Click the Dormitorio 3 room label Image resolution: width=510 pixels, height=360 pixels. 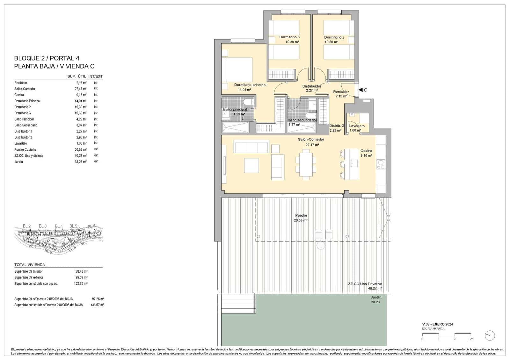point(289,37)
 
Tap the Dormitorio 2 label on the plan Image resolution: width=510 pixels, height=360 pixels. point(334,37)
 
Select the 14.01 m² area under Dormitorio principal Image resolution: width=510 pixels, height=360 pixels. point(244,90)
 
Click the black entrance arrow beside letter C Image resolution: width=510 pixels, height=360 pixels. point(360,90)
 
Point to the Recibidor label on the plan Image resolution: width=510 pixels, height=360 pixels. point(341,92)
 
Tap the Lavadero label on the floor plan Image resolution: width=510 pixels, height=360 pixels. point(357,126)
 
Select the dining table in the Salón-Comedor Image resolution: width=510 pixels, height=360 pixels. point(306,165)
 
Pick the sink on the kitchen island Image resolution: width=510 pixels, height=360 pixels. point(354,163)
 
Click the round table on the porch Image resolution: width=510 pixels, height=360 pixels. point(321,245)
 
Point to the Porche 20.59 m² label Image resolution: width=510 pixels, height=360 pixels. point(301,218)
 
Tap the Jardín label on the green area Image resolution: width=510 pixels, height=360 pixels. point(375,297)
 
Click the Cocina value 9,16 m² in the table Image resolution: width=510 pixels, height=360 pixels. point(80,95)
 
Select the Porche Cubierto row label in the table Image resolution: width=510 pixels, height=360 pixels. point(25,150)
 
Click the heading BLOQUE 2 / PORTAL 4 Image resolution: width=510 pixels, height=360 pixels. point(47,58)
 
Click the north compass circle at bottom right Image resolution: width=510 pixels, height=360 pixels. point(489,335)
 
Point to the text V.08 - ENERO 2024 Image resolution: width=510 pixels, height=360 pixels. point(437,324)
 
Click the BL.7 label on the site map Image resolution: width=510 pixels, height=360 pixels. point(84,243)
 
